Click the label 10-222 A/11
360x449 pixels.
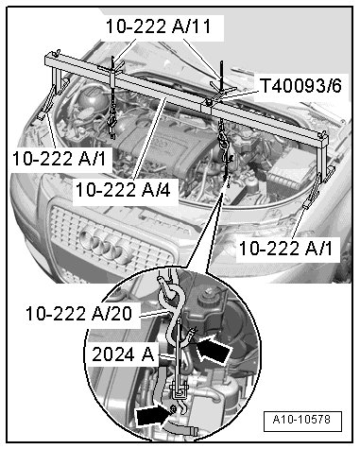click(x=158, y=26)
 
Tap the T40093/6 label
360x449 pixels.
click(x=301, y=85)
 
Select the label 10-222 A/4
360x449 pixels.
click(x=123, y=190)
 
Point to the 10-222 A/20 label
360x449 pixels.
click(x=78, y=314)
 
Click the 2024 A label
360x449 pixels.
click(x=123, y=354)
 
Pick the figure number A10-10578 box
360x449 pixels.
click(x=302, y=421)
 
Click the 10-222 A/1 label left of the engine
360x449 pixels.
click(x=59, y=158)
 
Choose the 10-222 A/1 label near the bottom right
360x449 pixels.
click(x=286, y=249)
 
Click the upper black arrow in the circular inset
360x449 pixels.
click(x=214, y=350)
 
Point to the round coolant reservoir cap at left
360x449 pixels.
click(x=92, y=96)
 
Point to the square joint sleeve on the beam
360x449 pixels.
click(x=206, y=109)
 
